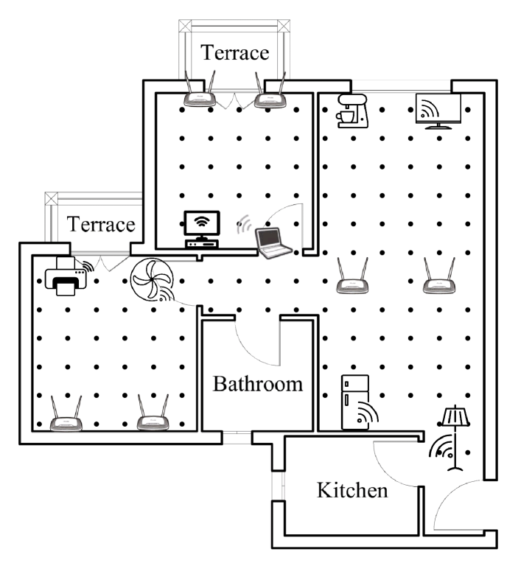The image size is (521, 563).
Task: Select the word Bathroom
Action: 258,384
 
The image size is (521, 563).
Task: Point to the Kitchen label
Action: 352,490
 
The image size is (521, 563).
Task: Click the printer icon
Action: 66,277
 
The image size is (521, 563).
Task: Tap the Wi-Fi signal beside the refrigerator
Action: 366,416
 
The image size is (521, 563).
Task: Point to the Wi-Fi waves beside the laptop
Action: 244,225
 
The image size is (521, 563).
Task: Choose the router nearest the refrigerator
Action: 352,276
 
